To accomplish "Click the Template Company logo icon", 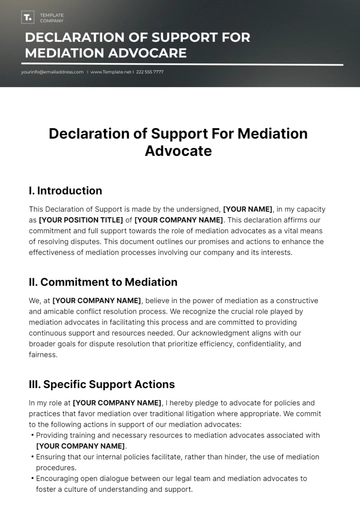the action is [27, 17].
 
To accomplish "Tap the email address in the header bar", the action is [50, 72].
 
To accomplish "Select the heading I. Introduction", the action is [65, 190].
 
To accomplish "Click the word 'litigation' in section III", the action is [235, 413].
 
